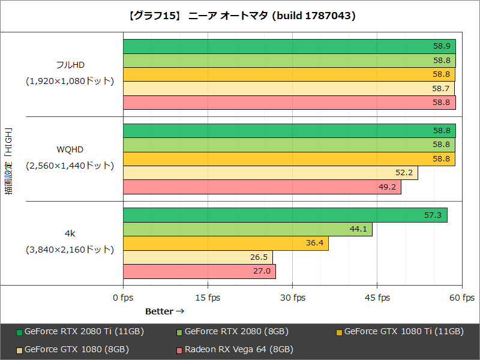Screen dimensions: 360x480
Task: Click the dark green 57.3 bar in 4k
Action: click(x=285, y=215)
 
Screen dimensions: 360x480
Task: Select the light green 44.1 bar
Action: click(x=247, y=229)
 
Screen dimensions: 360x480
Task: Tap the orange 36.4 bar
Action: click(x=226, y=243)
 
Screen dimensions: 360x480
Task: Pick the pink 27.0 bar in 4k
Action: click(x=199, y=271)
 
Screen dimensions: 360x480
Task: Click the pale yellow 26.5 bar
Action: click(x=197, y=257)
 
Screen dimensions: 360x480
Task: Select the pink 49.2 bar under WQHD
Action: click(x=262, y=187)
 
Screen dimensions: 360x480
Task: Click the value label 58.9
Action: click(x=442, y=46)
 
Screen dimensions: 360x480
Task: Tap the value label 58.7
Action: click(x=441, y=89)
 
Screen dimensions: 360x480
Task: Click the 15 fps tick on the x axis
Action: click(x=208, y=298)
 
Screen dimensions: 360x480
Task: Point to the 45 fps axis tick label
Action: click(x=378, y=298)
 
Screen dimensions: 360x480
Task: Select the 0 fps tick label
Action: click(x=123, y=298)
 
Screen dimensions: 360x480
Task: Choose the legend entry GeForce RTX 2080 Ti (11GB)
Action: click(x=83, y=331)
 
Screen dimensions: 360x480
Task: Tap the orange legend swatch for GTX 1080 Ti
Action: click(x=339, y=332)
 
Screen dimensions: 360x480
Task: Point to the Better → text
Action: click(x=164, y=311)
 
